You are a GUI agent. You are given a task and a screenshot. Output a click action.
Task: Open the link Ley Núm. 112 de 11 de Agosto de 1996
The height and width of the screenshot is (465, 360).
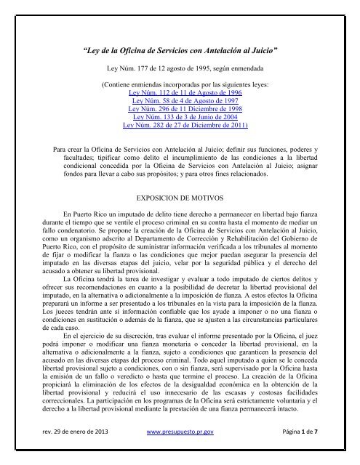click(179, 94)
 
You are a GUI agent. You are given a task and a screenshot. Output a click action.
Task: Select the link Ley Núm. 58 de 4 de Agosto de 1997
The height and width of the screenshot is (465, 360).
click(179, 104)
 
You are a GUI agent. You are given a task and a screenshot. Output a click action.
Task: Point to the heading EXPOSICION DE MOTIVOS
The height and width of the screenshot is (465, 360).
click(179, 196)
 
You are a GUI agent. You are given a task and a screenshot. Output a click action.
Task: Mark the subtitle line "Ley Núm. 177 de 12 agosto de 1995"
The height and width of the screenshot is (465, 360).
click(179, 71)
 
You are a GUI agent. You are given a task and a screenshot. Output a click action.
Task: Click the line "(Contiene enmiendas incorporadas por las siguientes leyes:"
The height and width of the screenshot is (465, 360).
click(179, 84)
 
